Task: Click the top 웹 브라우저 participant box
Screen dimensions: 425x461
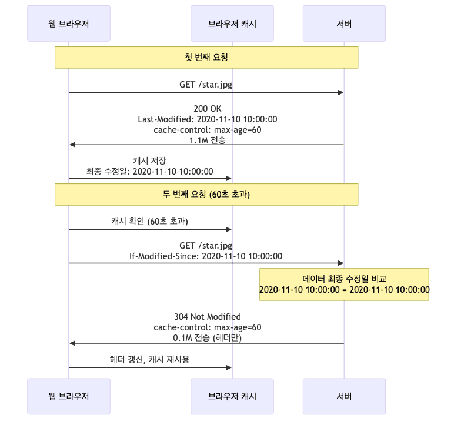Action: point(69,24)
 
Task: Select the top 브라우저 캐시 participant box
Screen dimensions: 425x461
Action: point(232,24)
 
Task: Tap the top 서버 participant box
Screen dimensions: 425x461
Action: point(344,24)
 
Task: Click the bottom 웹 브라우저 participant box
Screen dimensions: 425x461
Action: point(69,397)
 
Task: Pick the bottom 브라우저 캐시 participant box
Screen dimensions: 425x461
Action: point(232,397)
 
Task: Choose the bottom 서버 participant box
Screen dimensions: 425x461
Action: point(344,397)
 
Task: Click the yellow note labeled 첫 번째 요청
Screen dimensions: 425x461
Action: point(206,58)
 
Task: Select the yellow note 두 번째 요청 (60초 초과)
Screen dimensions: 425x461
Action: point(206,195)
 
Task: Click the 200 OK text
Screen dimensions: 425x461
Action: point(207,109)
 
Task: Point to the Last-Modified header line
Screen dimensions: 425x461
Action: point(207,119)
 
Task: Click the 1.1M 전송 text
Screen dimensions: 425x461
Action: point(207,140)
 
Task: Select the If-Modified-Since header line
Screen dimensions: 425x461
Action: point(206,256)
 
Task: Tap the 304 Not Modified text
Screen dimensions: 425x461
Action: point(207,316)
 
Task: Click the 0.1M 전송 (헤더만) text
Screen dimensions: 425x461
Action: point(207,338)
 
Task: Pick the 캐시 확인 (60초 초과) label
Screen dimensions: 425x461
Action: point(150,222)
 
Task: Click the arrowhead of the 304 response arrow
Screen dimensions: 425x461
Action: point(72,343)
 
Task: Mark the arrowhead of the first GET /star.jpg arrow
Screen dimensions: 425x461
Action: point(340,92)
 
